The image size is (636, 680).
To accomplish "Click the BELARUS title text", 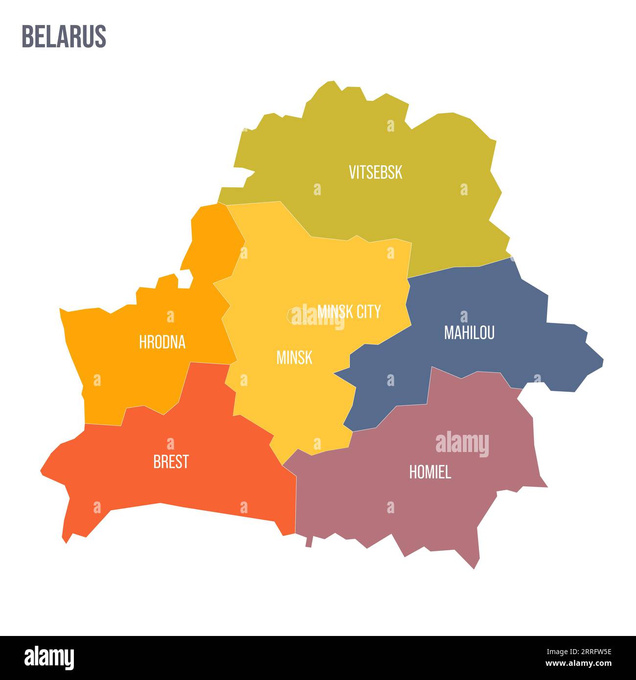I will [x=64, y=37].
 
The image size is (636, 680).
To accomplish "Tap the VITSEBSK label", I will [x=375, y=172].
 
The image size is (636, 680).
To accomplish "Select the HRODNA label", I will [x=162, y=342].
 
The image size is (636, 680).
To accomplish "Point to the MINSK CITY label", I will [x=349, y=311].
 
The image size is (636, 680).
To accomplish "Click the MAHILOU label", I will [x=469, y=333].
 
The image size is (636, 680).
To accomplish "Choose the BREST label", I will [x=171, y=462].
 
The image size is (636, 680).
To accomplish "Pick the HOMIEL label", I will [x=430, y=472].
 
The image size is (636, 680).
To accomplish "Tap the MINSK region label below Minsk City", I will [x=294, y=358].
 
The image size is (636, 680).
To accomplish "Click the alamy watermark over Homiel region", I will [x=462, y=444].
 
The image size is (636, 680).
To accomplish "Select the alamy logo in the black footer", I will [x=49, y=657].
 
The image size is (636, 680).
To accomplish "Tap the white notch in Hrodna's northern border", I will [x=184, y=280].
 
